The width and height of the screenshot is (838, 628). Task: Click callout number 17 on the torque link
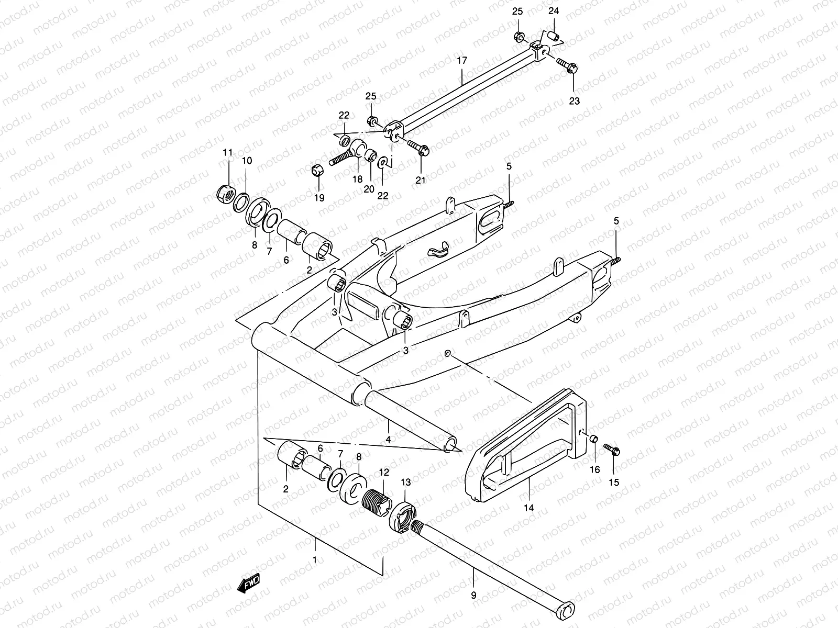[x=461, y=61]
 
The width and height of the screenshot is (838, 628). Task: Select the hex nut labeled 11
[x=224, y=195]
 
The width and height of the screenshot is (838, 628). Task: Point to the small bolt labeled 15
[x=612, y=448]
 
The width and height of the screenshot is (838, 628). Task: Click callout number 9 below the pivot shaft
[x=473, y=595]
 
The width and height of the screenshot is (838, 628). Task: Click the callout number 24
[x=554, y=11]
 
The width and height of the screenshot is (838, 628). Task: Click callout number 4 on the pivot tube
[x=388, y=440]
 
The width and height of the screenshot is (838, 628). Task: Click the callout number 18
[x=357, y=180]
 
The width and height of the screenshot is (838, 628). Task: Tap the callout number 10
[x=247, y=161]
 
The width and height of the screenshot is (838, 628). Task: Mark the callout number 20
[x=369, y=188]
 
